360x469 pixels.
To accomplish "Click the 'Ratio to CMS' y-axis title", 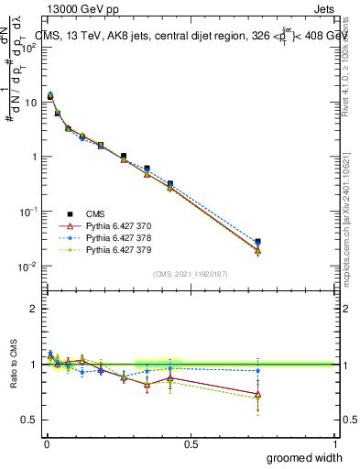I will pyautogui.click(x=14, y=364).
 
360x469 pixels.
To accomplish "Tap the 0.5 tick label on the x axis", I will pyautogui.click(x=191, y=444).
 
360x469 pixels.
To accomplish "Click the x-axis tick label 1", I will pyautogui.click(x=334, y=444).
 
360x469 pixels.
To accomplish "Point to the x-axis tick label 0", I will pyautogui.click(x=47, y=444).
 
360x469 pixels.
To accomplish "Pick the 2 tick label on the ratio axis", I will pyautogui.click(x=34, y=309).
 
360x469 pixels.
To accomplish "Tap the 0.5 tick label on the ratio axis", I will pyautogui.click(x=29, y=420).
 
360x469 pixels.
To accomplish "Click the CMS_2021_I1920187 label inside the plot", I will pyautogui.click(x=190, y=274).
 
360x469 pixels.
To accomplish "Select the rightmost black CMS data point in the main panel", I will pyautogui.click(x=257, y=243).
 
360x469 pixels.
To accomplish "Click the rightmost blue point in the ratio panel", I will pyautogui.click(x=257, y=371).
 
